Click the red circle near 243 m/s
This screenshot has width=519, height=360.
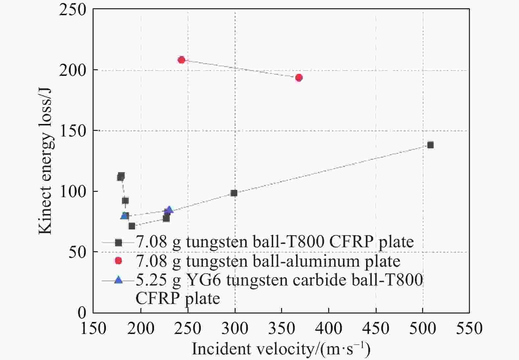[x=181, y=60]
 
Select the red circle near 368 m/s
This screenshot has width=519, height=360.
[x=299, y=78]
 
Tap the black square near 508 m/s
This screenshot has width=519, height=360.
[x=430, y=145]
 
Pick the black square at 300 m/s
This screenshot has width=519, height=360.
[x=234, y=193]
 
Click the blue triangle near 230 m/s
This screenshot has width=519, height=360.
[x=169, y=210]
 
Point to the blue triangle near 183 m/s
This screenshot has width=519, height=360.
[x=124, y=216]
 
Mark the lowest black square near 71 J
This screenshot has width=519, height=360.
[x=132, y=226]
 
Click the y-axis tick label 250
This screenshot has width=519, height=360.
[x=73, y=10]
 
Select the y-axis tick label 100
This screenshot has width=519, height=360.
[x=73, y=192]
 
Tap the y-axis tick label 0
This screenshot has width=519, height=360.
[x=82, y=312]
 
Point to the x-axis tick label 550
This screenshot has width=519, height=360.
[x=469, y=328]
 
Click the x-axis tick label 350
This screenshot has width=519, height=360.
[x=281, y=328]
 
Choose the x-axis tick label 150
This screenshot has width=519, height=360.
[x=94, y=328]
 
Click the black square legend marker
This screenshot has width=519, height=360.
[x=118, y=242]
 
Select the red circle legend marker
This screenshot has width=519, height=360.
[x=118, y=261]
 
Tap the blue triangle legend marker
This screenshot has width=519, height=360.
[x=118, y=280]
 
